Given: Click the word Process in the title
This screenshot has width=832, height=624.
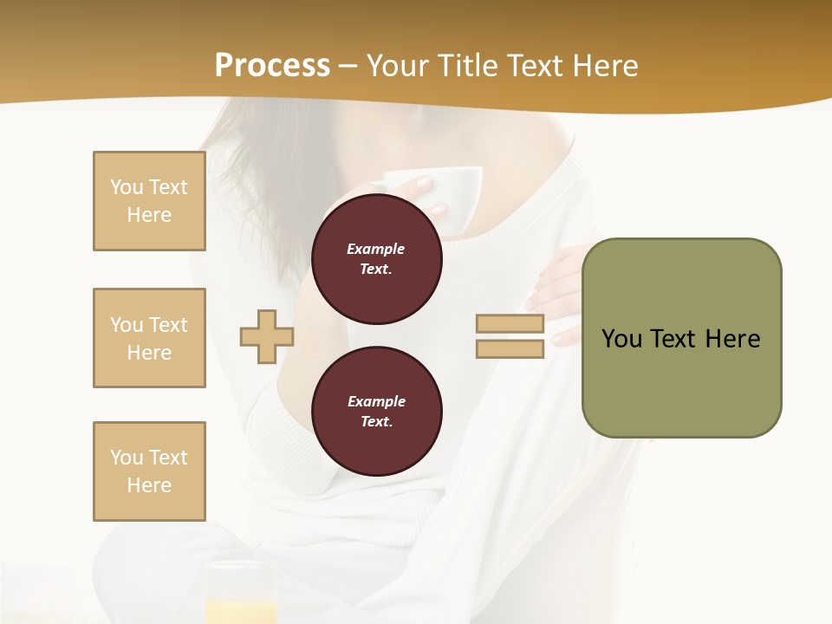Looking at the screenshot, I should (x=272, y=66).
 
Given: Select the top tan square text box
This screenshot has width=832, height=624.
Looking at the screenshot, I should (x=149, y=201).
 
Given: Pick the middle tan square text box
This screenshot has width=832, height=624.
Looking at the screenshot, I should (x=149, y=338).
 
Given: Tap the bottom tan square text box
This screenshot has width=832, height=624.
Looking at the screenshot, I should (x=149, y=471).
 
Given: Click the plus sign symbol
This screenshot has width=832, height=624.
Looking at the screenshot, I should (x=267, y=336).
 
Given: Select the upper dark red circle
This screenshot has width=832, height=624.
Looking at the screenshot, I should (x=377, y=258).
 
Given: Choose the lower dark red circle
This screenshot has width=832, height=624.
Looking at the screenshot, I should (x=377, y=411).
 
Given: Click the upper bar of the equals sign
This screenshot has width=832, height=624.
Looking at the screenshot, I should (x=510, y=323).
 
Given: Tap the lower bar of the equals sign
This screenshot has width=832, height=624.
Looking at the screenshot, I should (x=510, y=348).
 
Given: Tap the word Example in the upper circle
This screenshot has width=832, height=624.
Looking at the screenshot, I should (x=376, y=249).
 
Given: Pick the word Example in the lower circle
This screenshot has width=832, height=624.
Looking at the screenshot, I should (x=376, y=401).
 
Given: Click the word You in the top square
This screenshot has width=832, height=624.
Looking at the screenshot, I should (x=126, y=187).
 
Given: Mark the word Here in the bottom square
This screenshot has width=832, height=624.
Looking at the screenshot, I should (x=149, y=485).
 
